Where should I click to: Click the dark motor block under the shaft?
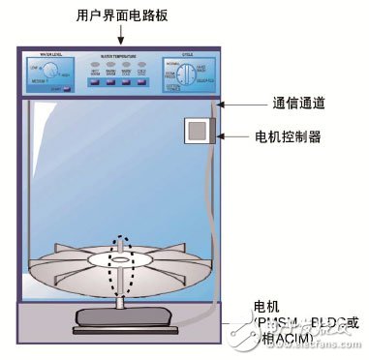pos(121,314)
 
